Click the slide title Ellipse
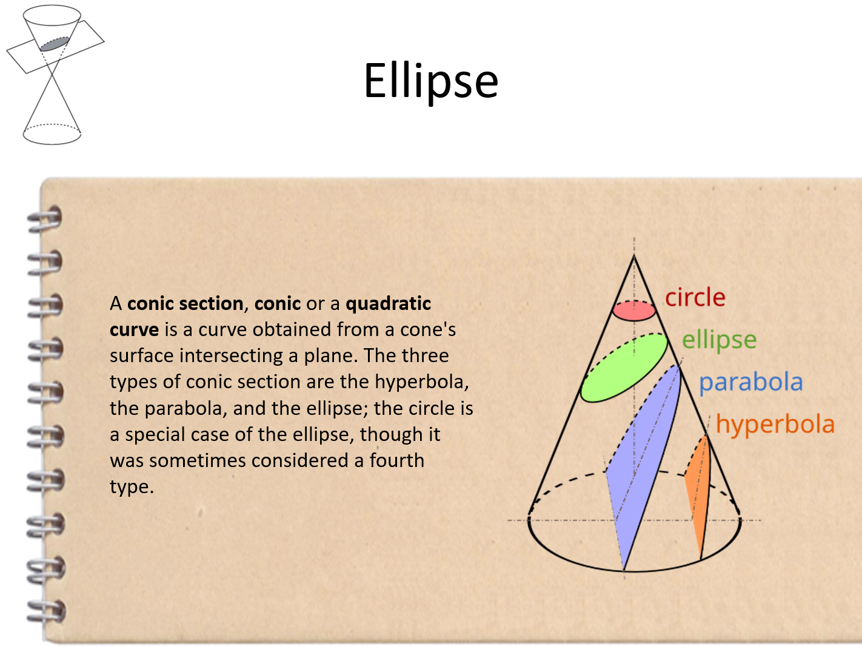431,81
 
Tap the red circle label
695,297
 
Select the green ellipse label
719,340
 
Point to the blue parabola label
751,382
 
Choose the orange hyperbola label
775,425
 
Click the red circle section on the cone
634,311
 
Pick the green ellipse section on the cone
624,368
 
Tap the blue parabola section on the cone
644,463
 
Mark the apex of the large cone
634,255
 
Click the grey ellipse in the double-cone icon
55,44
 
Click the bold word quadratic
388,304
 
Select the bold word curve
135,329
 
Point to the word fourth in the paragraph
396,460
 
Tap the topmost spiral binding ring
45,219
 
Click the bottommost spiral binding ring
45,612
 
